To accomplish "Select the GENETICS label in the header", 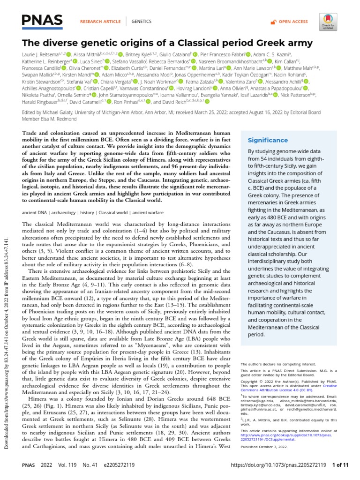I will pyautogui.click(x=141, y=22).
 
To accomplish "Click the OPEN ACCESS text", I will pyautogui.click(x=293, y=22).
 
